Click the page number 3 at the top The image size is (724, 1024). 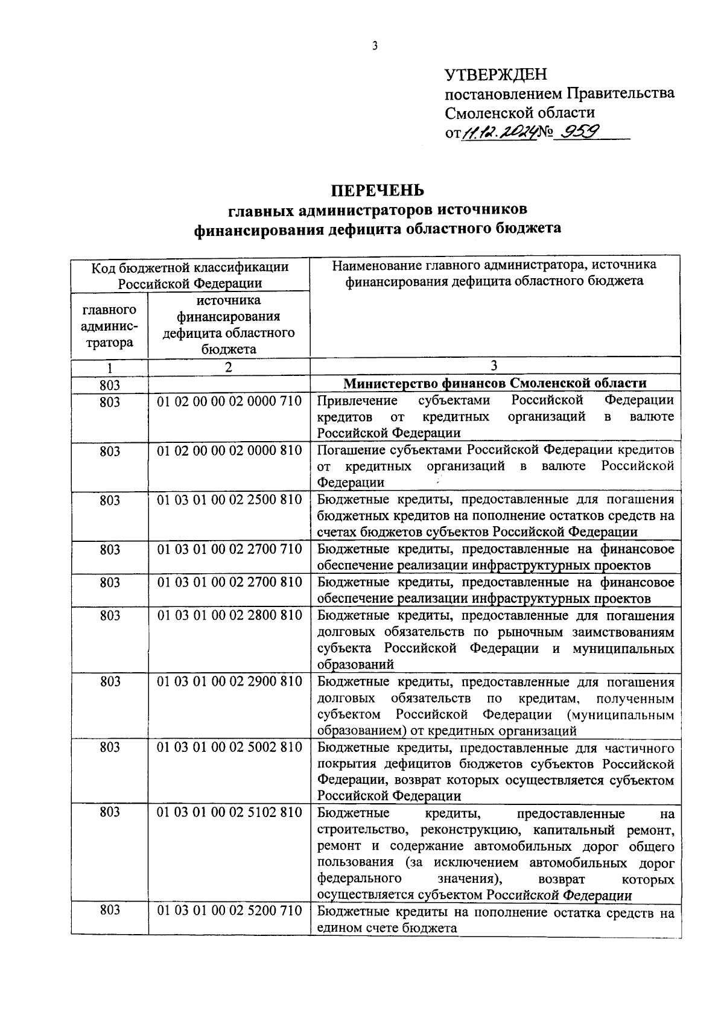click(375, 46)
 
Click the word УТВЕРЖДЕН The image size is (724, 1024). click(495, 75)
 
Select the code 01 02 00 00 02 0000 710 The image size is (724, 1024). click(229, 401)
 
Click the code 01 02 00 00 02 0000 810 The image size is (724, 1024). click(229, 450)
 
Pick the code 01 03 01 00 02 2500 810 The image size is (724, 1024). click(229, 500)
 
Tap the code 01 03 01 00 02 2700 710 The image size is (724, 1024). click(229, 549)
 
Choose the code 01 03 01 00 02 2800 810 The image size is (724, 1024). click(229, 615)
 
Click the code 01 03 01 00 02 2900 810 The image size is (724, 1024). click(229, 681)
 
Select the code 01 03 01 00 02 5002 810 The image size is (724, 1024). click(229, 747)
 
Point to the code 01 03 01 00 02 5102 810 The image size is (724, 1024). click(229, 812)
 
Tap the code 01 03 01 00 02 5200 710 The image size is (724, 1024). click(229, 911)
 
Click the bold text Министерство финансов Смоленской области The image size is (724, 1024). click(495, 383)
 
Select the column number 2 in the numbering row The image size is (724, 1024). click(229, 367)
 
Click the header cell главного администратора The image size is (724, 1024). click(109, 326)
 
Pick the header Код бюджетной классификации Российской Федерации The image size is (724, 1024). click(190, 275)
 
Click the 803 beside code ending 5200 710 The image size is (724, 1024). click(110, 911)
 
